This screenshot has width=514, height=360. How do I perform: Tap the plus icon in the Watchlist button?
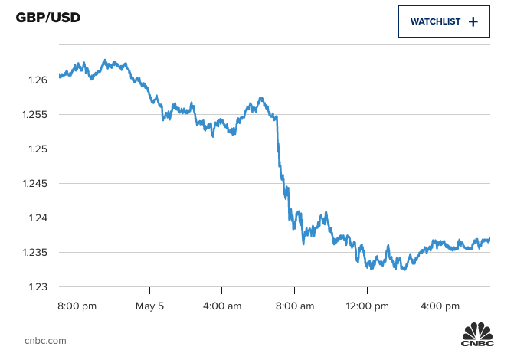pos(473,21)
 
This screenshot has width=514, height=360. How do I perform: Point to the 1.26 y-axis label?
pos(37,80)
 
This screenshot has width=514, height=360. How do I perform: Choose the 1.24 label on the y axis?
pos(37,218)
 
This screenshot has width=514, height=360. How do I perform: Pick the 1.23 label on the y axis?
pos(37,286)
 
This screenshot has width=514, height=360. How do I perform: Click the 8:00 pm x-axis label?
pos(77,306)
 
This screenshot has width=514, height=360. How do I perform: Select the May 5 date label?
pos(150,306)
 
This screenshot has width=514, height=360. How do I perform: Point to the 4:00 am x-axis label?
pos(222,306)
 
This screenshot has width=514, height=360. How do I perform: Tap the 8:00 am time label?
pos(295,306)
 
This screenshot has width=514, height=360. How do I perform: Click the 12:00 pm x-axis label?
pos(367,306)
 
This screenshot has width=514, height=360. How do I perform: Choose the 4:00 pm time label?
pos(440,306)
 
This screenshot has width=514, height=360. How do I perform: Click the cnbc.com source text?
pos(45,340)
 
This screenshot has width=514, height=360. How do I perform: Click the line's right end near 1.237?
pos(489,239)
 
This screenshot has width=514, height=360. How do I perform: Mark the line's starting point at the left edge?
pos(60,77)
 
